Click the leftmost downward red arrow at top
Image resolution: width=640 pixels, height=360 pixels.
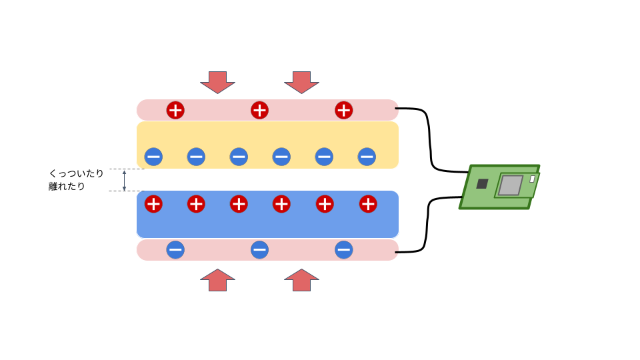[217, 81]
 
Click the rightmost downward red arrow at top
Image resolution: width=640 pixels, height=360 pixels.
[301, 81]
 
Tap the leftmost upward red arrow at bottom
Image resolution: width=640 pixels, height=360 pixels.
[217, 281]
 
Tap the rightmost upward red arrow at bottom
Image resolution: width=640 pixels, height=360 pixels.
[301, 281]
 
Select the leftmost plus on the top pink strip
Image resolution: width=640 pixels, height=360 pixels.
[175, 110]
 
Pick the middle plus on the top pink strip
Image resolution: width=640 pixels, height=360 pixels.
[259, 110]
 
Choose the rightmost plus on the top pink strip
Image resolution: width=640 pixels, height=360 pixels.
[343, 110]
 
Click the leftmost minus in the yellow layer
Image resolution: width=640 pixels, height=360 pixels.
[153, 157]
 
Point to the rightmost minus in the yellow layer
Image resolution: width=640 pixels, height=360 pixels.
[367, 157]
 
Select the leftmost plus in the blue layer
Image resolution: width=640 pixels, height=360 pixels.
[153, 204]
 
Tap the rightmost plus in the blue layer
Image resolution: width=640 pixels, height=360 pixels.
[368, 204]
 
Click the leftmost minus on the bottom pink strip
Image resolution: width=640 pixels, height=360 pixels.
[175, 250]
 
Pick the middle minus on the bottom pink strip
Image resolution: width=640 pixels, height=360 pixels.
[259, 250]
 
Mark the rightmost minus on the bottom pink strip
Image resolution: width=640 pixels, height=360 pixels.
[343, 250]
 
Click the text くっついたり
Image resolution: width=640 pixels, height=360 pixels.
[76, 173]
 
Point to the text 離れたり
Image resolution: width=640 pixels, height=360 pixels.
[67, 187]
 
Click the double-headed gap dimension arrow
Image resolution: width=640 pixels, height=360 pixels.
[124, 180]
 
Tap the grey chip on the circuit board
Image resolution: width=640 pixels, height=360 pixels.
[511, 185]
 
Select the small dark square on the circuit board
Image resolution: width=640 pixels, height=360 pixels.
[482, 183]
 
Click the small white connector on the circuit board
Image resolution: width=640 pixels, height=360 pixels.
[532, 179]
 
